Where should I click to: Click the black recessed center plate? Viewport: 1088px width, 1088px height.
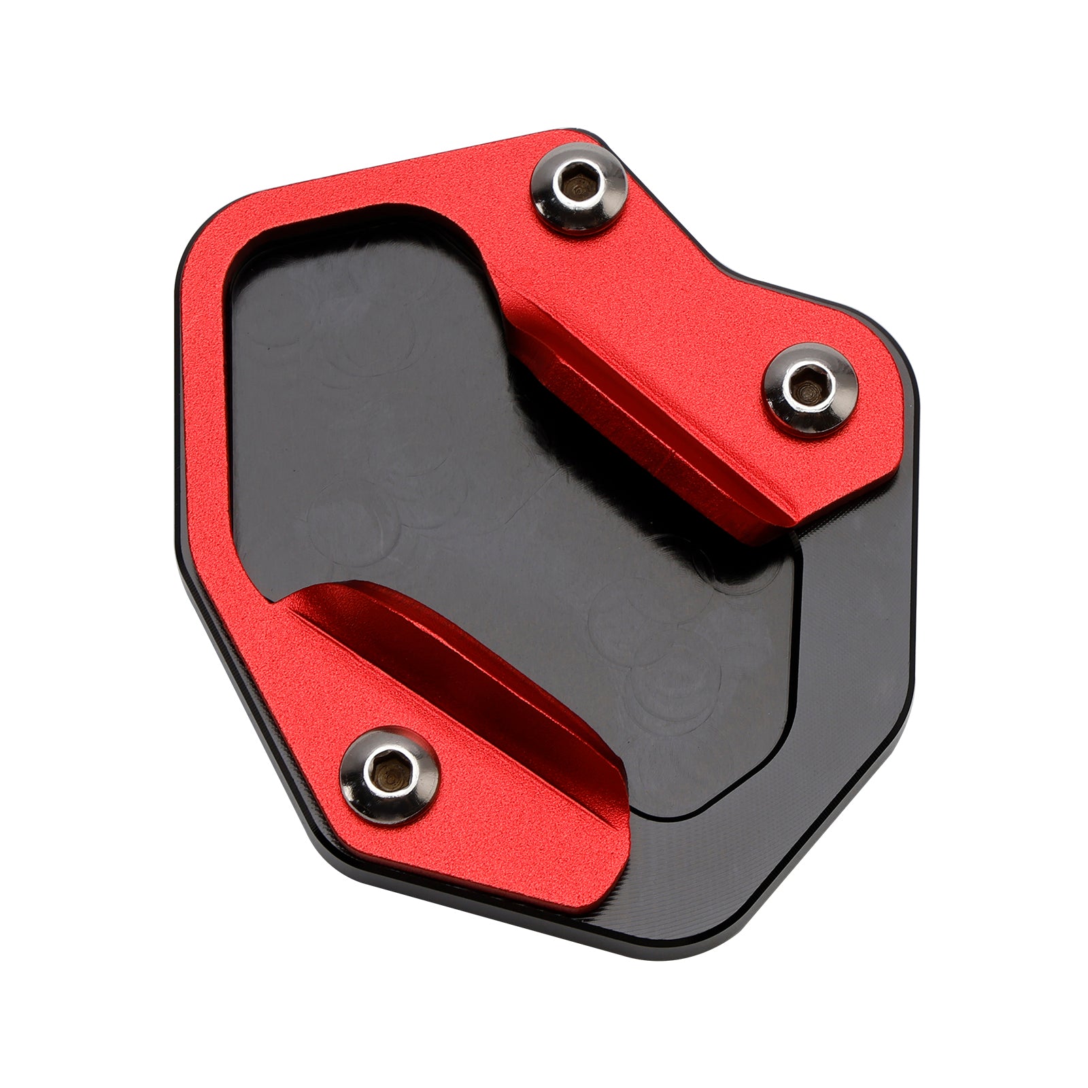(x=476, y=476)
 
